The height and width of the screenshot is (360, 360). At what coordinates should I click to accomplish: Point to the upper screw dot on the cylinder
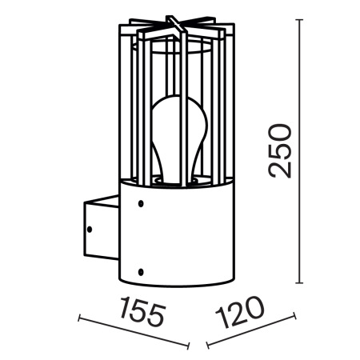142,204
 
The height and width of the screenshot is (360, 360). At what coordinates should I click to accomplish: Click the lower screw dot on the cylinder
142,269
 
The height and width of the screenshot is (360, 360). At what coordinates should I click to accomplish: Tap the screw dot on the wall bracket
90,230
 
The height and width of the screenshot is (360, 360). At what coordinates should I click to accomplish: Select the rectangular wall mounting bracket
97,230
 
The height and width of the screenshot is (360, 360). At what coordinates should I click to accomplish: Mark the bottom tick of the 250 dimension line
300,282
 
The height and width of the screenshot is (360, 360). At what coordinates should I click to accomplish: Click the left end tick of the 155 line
79,318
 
